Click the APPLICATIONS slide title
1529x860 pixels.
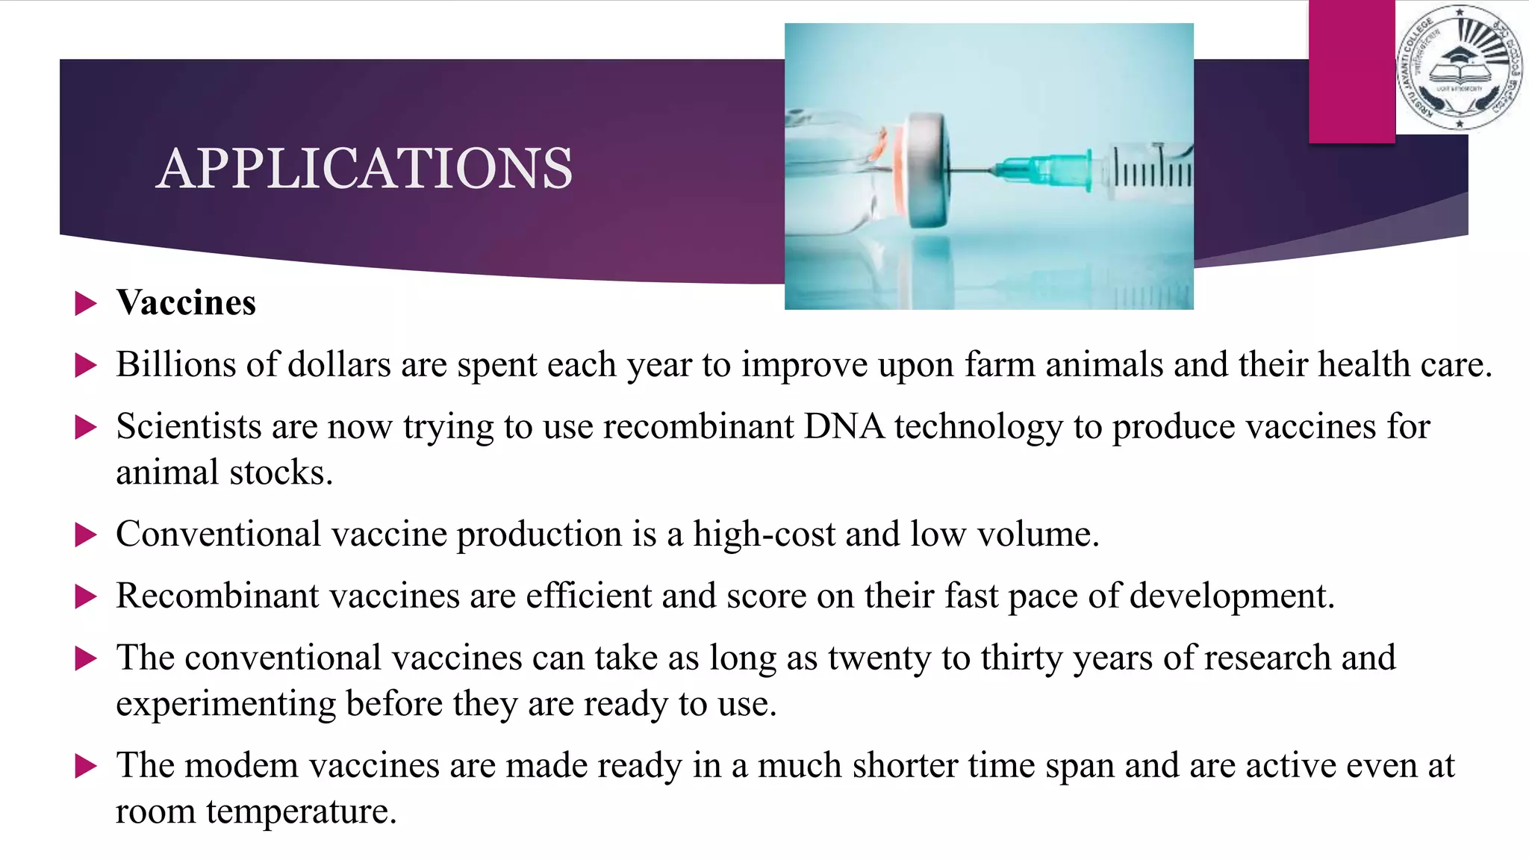pos(364,168)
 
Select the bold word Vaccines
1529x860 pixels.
pos(186,303)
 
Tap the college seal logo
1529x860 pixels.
pos(1459,68)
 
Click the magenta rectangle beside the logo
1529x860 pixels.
pos(1351,71)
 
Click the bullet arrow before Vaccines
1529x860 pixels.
pos(87,304)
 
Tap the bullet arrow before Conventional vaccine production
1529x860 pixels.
pos(87,535)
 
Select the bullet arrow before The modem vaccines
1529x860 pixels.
pos(87,767)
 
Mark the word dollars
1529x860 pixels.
pos(339,365)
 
